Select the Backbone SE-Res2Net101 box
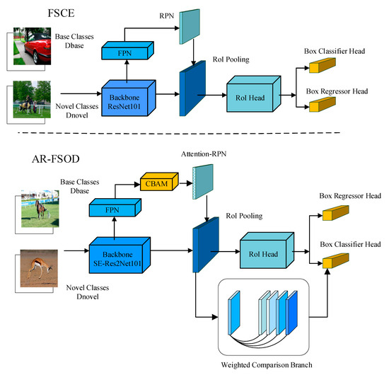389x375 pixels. (x=117, y=253)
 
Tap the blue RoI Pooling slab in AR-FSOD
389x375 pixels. (x=199, y=248)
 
